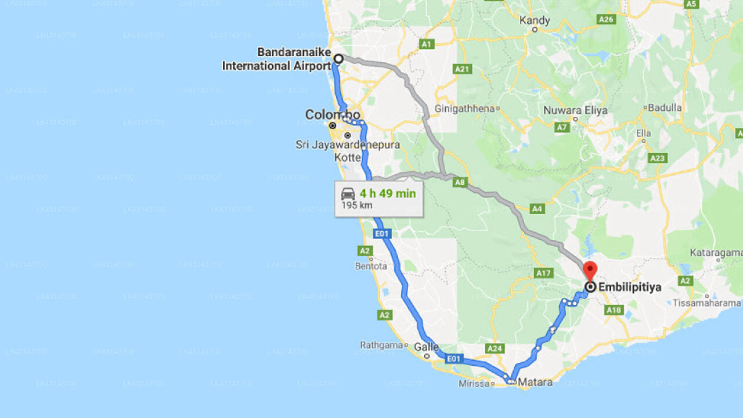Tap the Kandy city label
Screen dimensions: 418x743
(535, 20)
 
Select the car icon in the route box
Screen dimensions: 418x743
(348, 194)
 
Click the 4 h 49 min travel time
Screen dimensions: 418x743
(387, 193)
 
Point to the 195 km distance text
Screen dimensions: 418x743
(357, 205)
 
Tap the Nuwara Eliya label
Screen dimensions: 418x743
(575, 110)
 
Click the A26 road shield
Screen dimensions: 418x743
(606, 19)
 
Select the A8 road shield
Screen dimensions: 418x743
(460, 182)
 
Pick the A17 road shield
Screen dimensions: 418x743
(543, 272)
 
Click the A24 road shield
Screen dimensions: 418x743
(495, 348)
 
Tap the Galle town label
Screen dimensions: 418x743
(426, 347)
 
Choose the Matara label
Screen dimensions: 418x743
(535, 382)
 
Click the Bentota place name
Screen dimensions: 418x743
(370, 266)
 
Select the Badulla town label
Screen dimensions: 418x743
(665, 107)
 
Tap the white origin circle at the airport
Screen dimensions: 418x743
(338, 59)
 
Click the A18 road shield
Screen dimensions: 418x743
(614, 310)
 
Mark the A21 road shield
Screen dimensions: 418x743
(463, 69)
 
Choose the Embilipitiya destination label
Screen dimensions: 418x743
(629, 287)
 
